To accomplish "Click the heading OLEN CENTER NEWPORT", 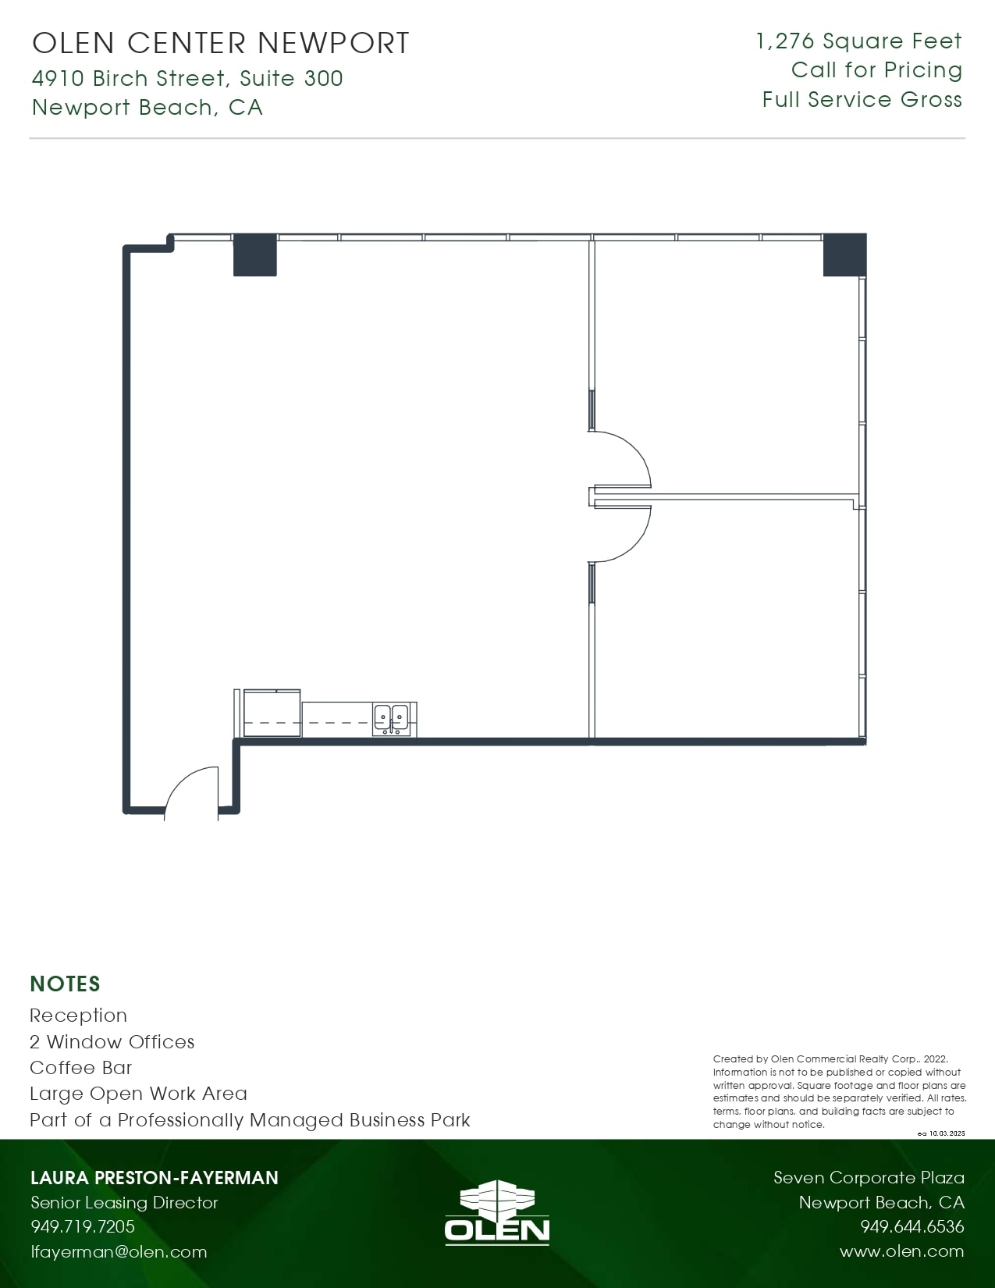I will (x=221, y=44).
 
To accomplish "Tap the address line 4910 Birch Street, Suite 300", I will (x=187, y=78).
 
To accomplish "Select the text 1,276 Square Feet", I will (x=859, y=41).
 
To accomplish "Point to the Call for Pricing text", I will (x=876, y=70).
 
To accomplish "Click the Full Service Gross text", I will (x=862, y=100).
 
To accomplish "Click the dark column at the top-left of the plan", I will (x=255, y=254).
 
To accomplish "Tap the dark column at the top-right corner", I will (x=844, y=254).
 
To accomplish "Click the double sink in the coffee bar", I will (x=391, y=717).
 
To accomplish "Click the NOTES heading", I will (x=66, y=984).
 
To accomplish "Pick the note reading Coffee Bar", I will (x=81, y=1068).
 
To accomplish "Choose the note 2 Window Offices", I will (x=112, y=1042).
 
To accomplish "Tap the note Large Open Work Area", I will (x=138, y=1094).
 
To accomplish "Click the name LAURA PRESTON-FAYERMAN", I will (x=155, y=1177).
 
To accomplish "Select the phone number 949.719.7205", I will (x=83, y=1226).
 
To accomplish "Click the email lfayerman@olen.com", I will (x=119, y=1252).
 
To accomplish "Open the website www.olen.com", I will (x=902, y=1251).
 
